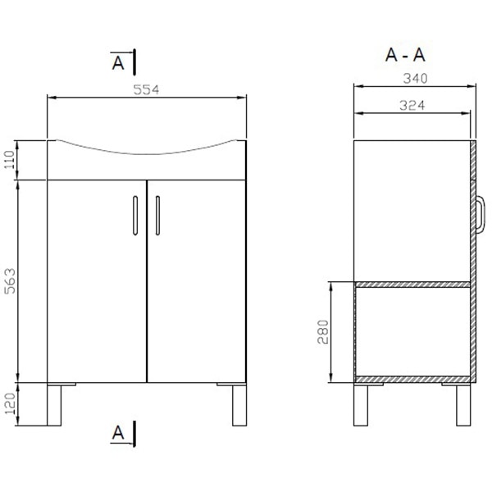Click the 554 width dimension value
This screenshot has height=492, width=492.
pyautogui.click(x=148, y=89)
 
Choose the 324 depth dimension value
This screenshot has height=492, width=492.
pyautogui.click(x=412, y=105)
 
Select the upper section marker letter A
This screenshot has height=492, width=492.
pyautogui.click(x=118, y=61)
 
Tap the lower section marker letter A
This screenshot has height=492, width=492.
pyautogui.click(x=118, y=432)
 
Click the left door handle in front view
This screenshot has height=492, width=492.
pyautogui.click(x=133, y=216)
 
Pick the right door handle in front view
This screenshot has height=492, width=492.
pyautogui.click(x=157, y=216)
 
